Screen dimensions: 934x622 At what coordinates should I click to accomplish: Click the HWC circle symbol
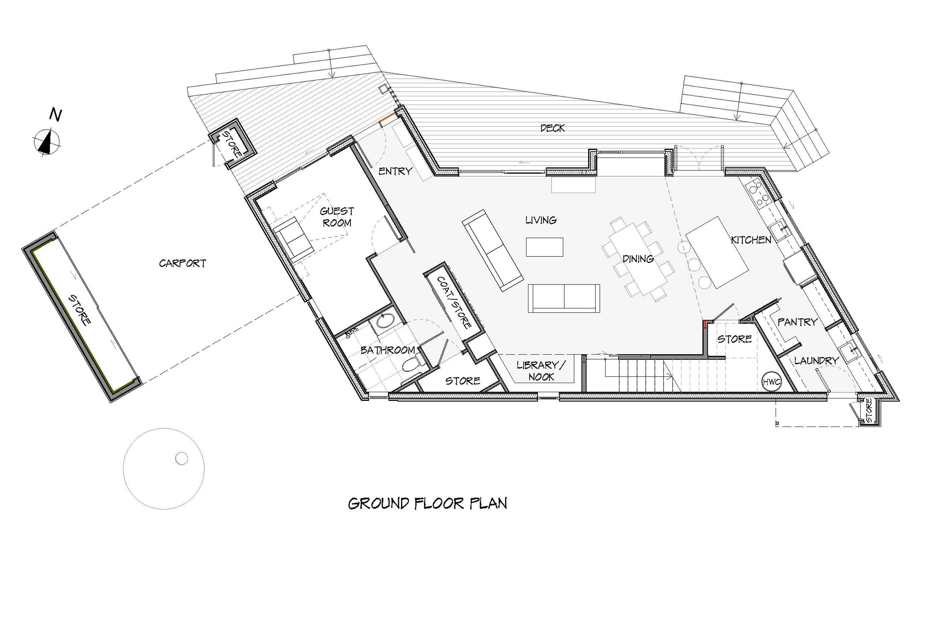pyautogui.click(x=772, y=382)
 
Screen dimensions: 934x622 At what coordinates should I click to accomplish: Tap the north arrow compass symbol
pyautogui.click(x=47, y=141)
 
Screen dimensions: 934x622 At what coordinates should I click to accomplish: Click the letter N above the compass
pyautogui.click(x=56, y=115)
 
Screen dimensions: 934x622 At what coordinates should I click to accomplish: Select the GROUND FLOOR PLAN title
pyautogui.click(x=428, y=503)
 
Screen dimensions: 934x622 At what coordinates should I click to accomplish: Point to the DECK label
pyautogui.click(x=552, y=128)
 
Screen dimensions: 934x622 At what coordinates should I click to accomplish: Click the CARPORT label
pyautogui.click(x=183, y=263)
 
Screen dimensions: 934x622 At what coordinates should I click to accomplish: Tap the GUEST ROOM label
pyautogui.click(x=337, y=217)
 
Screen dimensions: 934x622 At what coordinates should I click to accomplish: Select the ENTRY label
pyautogui.click(x=395, y=171)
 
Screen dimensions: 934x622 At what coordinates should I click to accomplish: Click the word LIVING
pyautogui.click(x=541, y=220)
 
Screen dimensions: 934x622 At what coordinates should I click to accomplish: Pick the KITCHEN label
pyautogui.click(x=751, y=240)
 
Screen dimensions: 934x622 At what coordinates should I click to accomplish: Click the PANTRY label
pyautogui.click(x=797, y=322)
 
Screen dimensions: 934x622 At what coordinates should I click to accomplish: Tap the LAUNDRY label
pyautogui.click(x=817, y=361)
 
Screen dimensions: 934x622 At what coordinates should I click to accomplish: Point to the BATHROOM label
pyautogui.click(x=388, y=350)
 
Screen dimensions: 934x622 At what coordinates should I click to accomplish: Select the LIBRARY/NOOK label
pyautogui.click(x=541, y=371)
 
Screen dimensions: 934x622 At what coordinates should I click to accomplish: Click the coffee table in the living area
pyautogui.click(x=544, y=247)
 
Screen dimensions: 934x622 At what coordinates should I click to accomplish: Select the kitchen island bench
pyautogui.click(x=717, y=252)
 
